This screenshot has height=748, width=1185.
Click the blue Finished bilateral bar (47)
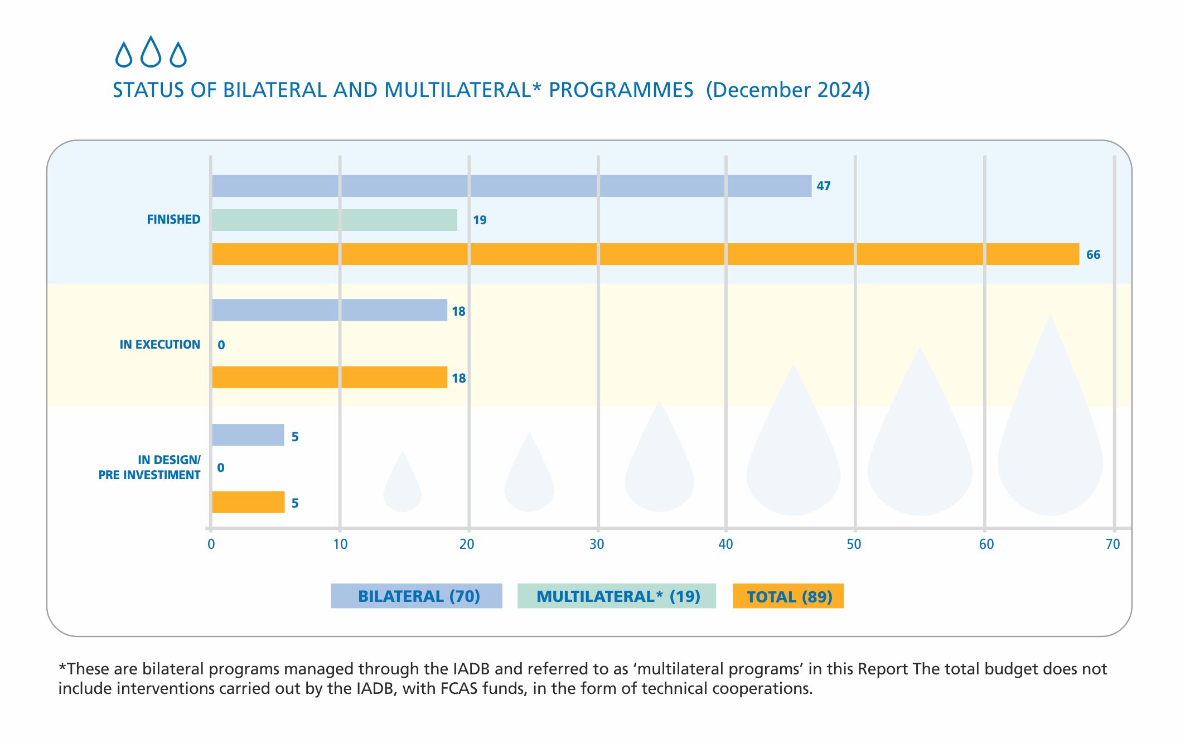click(x=511, y=186)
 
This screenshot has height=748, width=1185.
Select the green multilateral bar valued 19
click(x=335, y=220)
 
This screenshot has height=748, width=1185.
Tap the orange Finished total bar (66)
click(x=645, y=254)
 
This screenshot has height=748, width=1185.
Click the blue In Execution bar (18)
click(x=330, y=310)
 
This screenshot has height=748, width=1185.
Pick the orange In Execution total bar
click(x=330, y=378)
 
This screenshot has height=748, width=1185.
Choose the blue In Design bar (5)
click(x=248, y=435)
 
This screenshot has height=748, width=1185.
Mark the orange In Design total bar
click(x=248, y=502)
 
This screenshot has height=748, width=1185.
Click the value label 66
click(x=1093, y=255)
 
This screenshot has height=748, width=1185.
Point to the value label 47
click(x=823, y=186)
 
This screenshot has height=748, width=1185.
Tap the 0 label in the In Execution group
click(x=221, y=345)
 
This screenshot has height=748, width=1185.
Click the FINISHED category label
click(x=173, y=220)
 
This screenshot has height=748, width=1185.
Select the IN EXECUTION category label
click(x=159, y=345)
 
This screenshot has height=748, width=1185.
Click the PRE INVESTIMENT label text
click(x=149, y=475)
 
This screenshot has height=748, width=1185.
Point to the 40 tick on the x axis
click(x=725, y=544)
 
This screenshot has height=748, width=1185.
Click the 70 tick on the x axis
click(x=1113, y=544)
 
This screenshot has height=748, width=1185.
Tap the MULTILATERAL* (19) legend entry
click(x=617, y=596)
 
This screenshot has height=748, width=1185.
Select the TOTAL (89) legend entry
click(x=788, y=596)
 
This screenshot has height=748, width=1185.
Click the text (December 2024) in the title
click(x=787, y=90)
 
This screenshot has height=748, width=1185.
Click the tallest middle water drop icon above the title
click(x=151, y=52)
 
